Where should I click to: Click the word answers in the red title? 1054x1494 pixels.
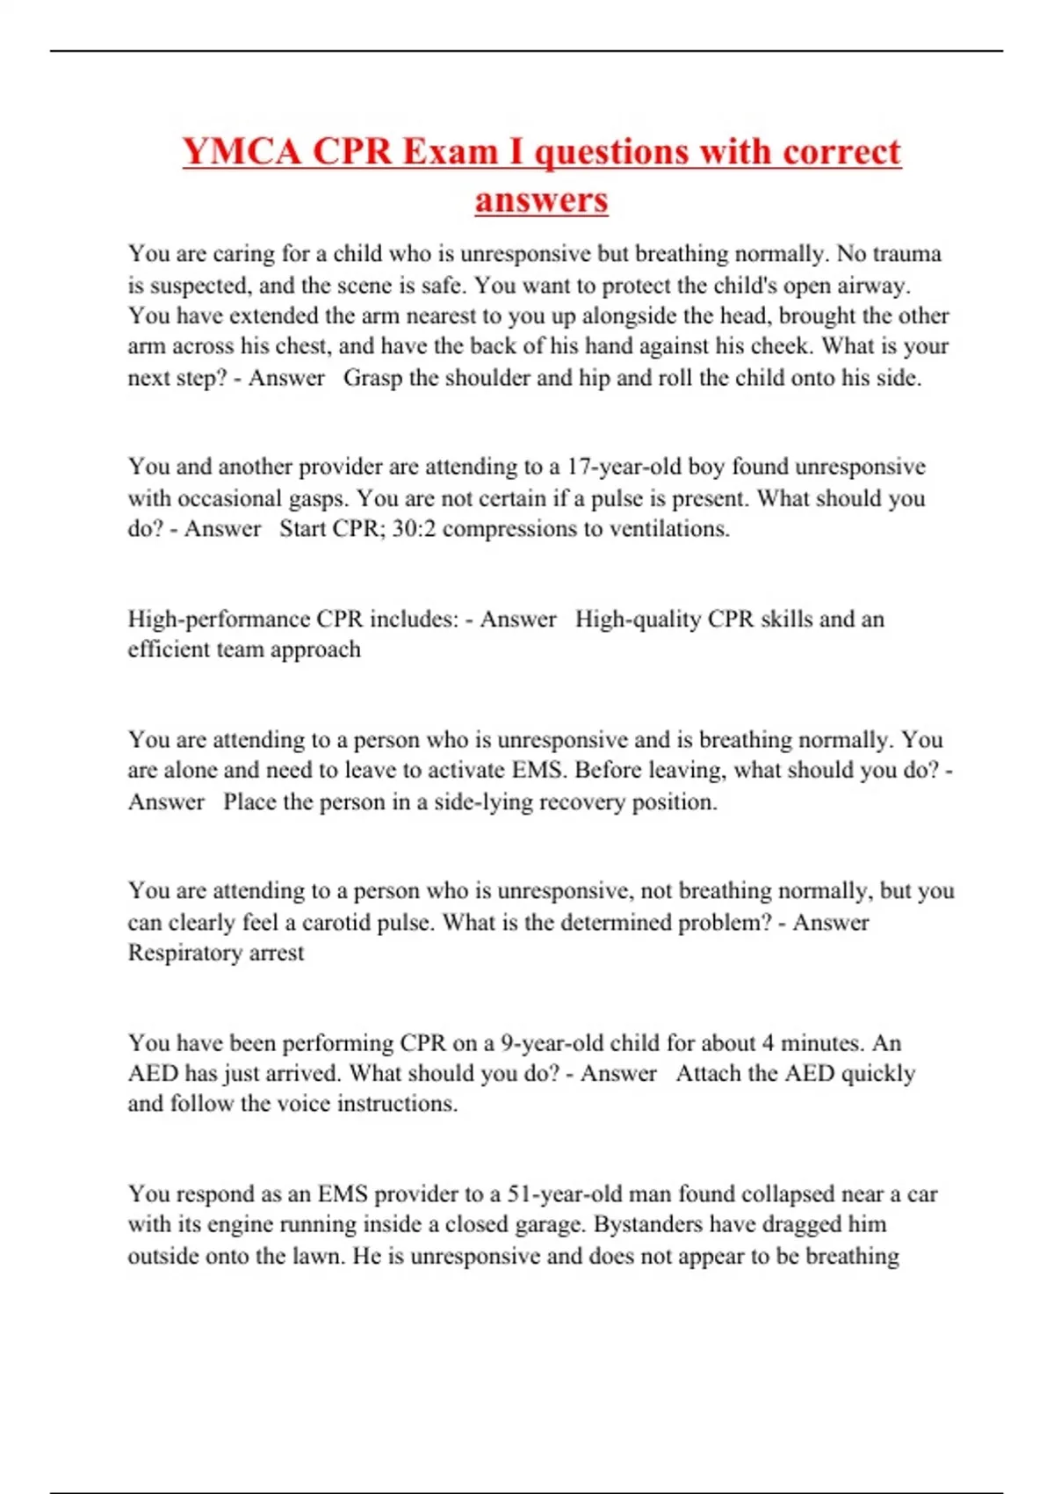click(x=541, y=199)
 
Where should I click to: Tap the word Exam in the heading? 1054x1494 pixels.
click(x=449, y=151)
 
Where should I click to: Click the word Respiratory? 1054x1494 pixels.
click(x=184, y=953)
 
